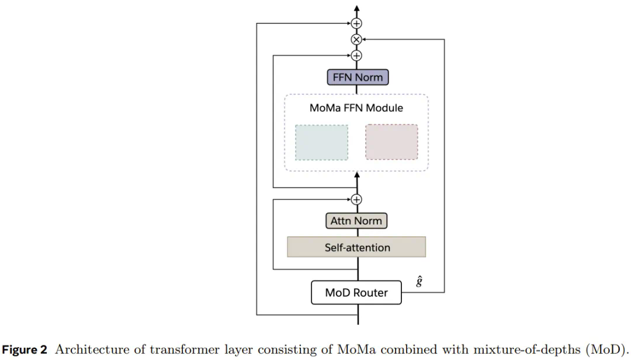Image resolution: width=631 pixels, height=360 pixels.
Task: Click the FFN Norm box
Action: click(356, 77)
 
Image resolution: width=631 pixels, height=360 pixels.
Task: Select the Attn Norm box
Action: click(356, 221)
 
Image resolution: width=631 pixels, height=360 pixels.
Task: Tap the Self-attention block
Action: click(356, 247)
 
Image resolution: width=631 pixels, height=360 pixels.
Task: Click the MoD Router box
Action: click(356, 292)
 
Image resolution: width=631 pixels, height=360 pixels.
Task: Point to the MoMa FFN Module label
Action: click(356, 108)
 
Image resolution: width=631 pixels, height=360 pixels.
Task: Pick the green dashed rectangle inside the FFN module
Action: click(321, 142)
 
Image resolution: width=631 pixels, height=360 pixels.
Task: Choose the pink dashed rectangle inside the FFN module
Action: click(391, 142)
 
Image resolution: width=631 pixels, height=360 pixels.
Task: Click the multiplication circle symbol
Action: click(356, 40)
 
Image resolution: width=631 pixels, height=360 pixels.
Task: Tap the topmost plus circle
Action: click(356, 23)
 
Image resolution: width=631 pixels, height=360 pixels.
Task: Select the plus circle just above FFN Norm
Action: click(356, 56)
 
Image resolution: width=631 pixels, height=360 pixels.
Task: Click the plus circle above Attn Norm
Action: click(356, 199)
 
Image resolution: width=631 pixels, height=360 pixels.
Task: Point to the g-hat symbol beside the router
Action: click(419, 282)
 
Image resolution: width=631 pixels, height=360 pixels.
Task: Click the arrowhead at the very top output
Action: click(356, 9)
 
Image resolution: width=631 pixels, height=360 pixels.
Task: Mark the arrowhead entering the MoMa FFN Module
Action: click(356, 175)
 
